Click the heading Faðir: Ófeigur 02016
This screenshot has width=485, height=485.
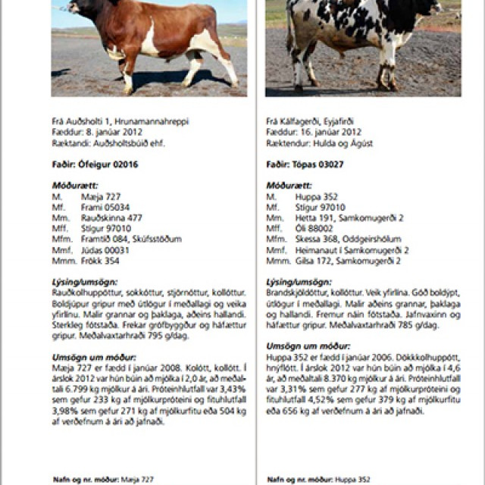click(85, 164)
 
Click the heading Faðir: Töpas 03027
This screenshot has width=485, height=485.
click(299, 164)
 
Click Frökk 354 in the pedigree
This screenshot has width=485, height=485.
click(100, 261)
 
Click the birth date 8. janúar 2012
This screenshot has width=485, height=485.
click(106, 132)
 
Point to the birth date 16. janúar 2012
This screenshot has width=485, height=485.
click(323, 132)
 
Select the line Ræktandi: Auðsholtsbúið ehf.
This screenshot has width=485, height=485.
click(108, 142)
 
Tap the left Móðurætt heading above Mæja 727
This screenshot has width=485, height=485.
click(74, 185)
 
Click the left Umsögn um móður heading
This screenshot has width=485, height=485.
click(93, 356)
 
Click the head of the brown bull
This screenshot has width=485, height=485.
click(74, 8)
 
